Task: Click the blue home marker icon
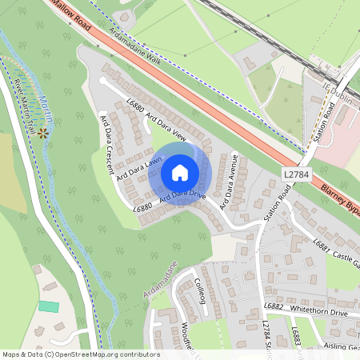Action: [180, 172]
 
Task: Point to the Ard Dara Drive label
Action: [182, 194]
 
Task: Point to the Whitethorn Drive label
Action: [321, 312]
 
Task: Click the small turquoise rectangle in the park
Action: [48, 306]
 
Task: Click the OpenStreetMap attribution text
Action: [80, 354]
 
